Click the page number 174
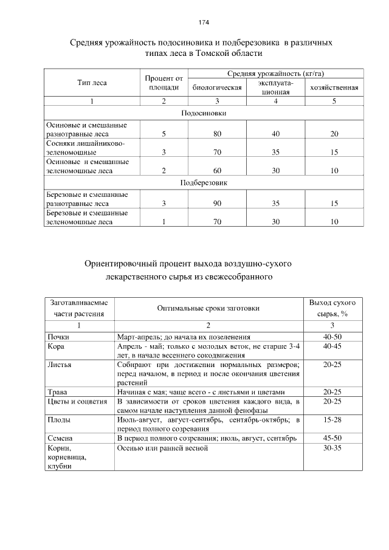click(x=204, y=22)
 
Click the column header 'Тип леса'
click(x=92, y=83)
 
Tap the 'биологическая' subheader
click(x=217, y=88)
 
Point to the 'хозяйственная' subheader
click(x=334, y=88)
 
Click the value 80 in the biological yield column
click(x=217, y=133)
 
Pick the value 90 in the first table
click(x=217, y=204)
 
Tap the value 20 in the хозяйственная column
click(x=334, y=133)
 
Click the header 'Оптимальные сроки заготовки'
click(x=208, y=308)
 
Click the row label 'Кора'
click(x=57, y=346)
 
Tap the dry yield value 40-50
click(x=333, y=337)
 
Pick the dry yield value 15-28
click(x=333, y=419)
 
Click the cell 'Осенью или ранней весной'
click(x=162, y=448)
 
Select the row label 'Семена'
click(x=60, y=438)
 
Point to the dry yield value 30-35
click(x=333, y=448)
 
